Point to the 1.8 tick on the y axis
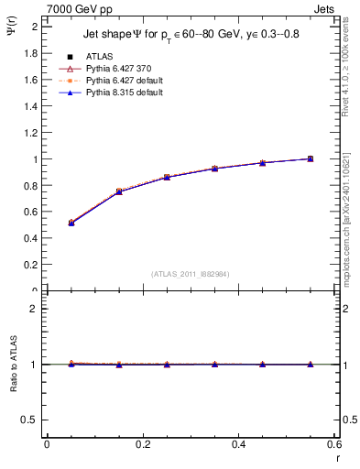34,53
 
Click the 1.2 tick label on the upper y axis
34,133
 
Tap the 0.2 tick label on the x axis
142,444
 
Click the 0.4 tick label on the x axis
238,444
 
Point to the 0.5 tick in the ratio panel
34,420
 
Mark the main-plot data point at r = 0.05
71,223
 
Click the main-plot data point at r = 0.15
119,191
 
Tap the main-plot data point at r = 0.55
311,158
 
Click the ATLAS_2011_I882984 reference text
190,273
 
